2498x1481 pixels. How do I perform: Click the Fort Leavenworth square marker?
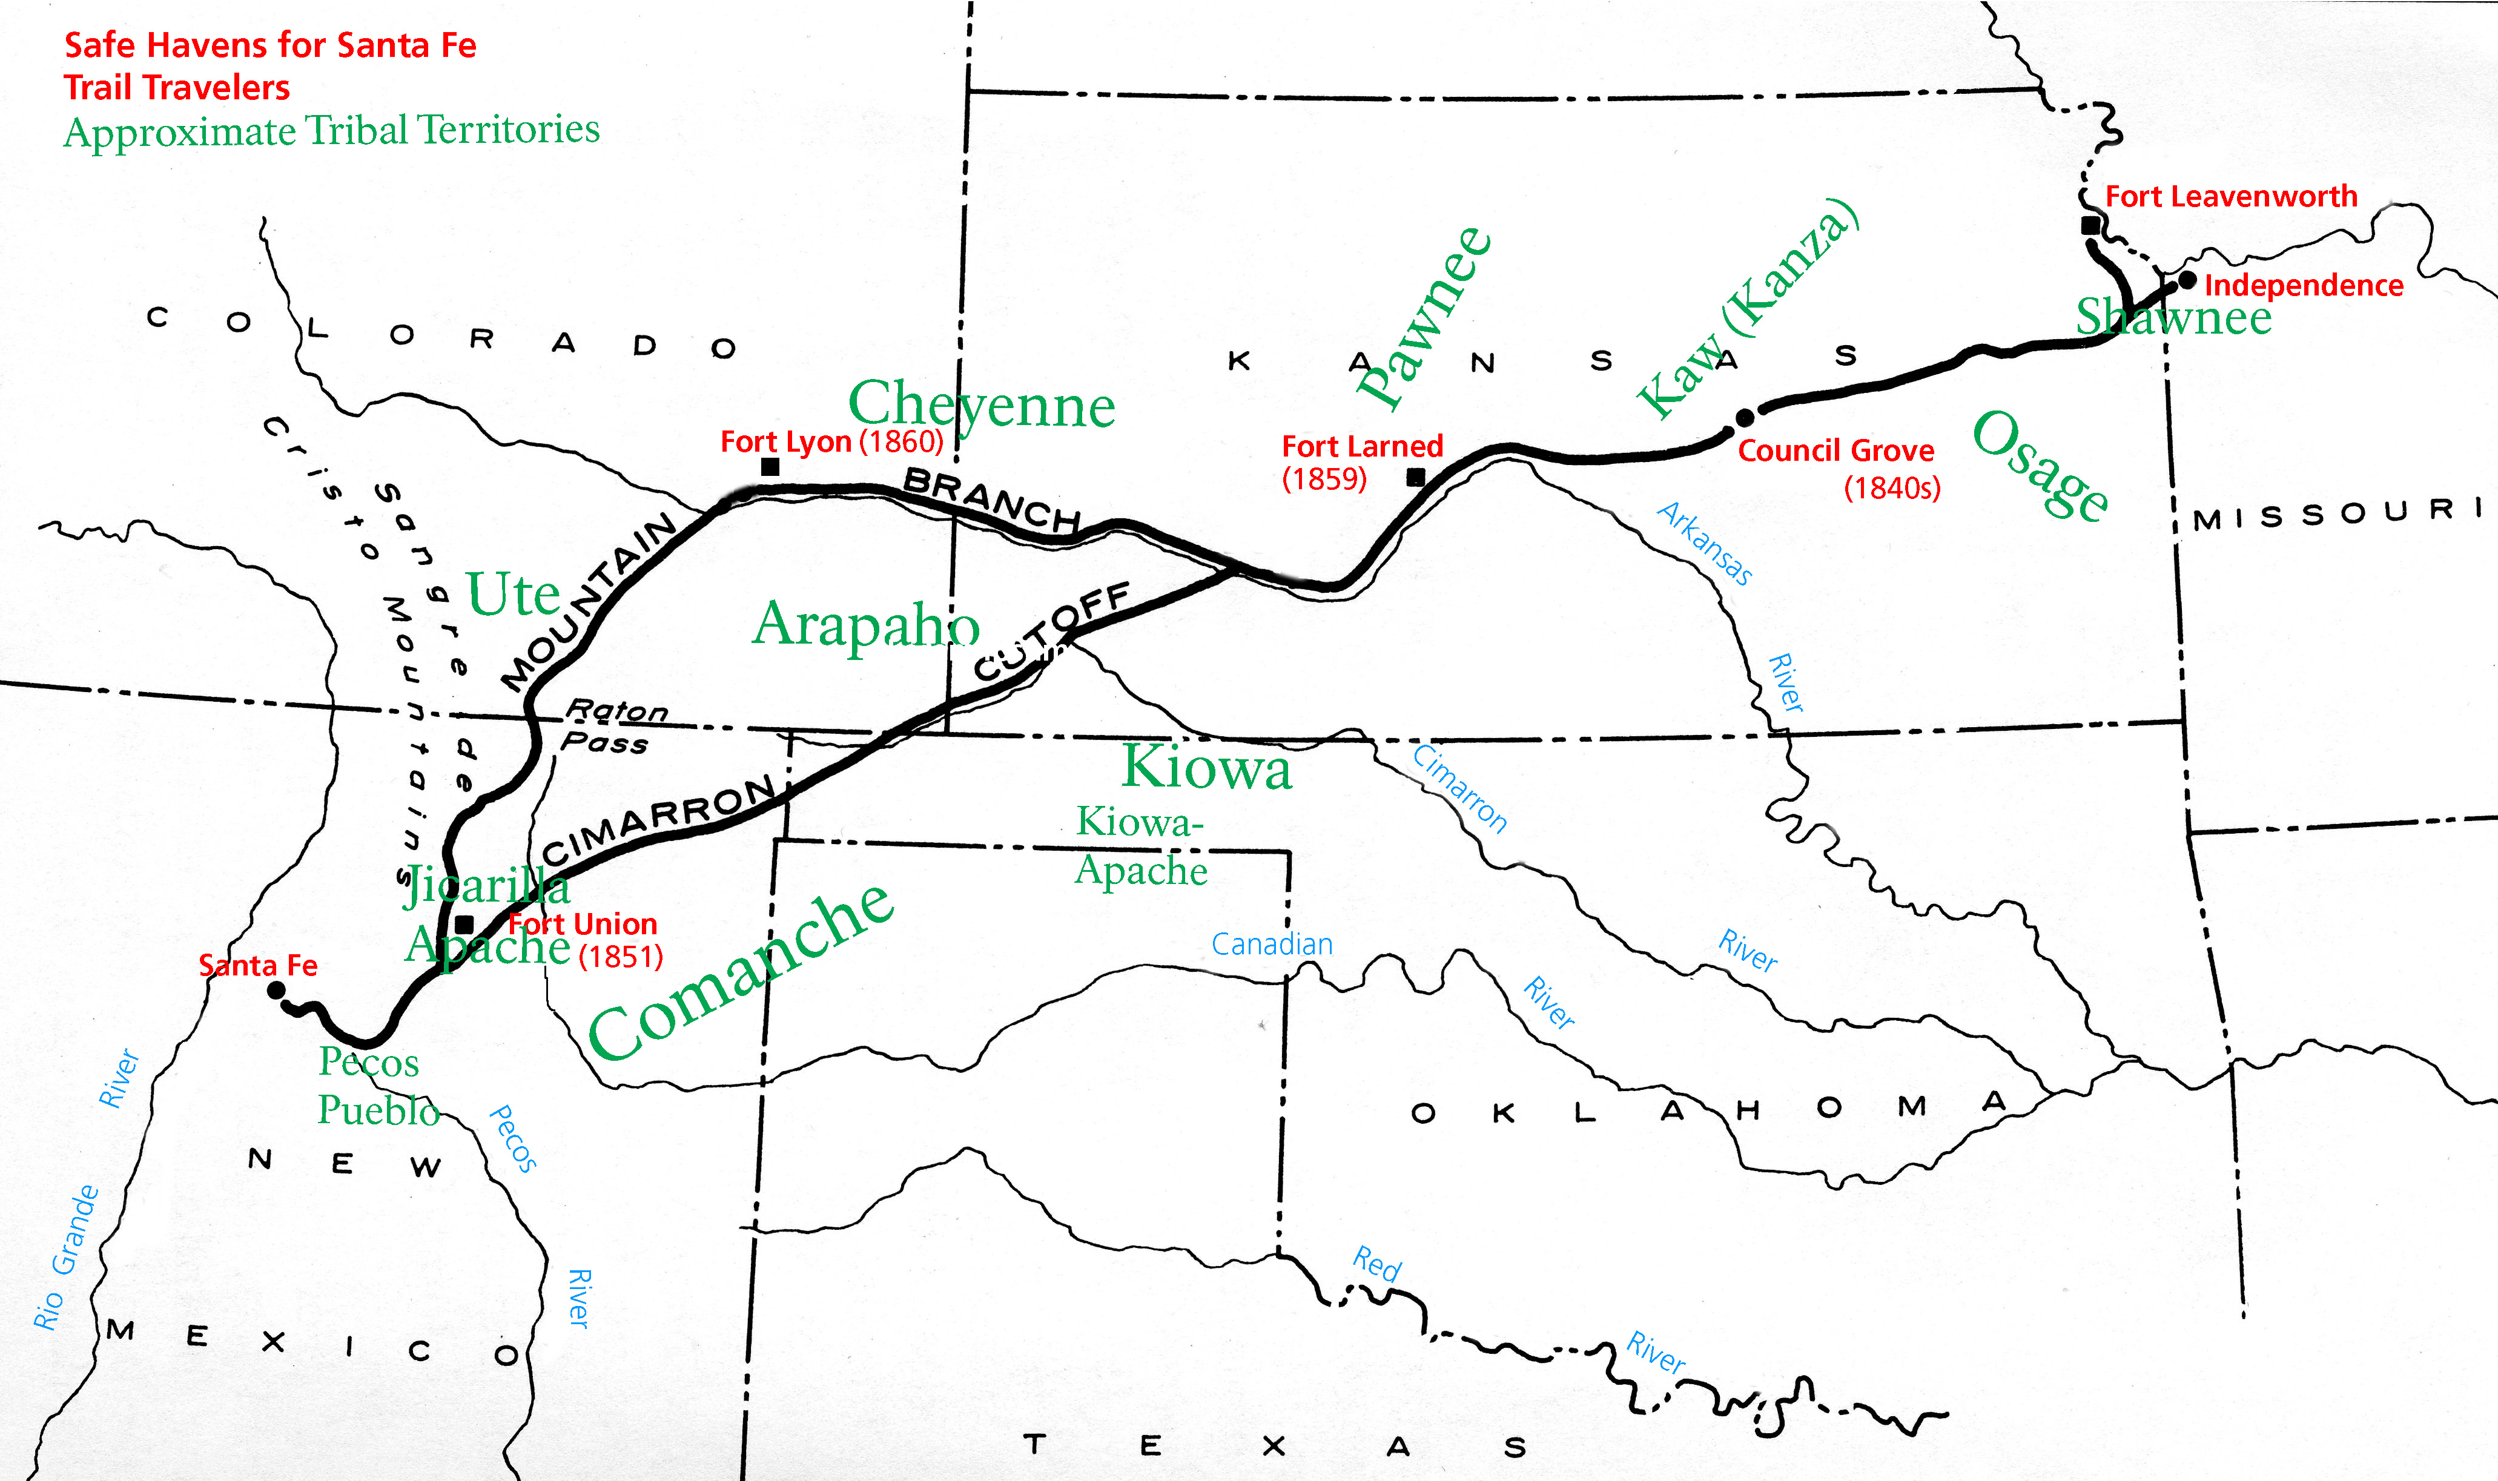point(2090,226)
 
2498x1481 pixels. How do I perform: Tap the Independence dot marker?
point(2187,280)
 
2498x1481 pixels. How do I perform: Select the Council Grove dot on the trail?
point(1745,417)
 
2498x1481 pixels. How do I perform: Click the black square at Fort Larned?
point(1415,477)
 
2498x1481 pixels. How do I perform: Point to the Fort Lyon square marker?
point(770,466)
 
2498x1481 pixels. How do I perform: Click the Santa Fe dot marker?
point(277,990)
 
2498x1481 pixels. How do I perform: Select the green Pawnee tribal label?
point(1424,317)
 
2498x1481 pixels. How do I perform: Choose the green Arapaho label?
point(865,625)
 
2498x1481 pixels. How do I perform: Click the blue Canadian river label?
point(1272,944)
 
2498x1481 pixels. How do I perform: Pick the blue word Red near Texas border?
point(1377,1264)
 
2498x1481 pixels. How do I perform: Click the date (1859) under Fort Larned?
point(1324,479)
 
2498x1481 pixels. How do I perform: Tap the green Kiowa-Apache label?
point(1141,846)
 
